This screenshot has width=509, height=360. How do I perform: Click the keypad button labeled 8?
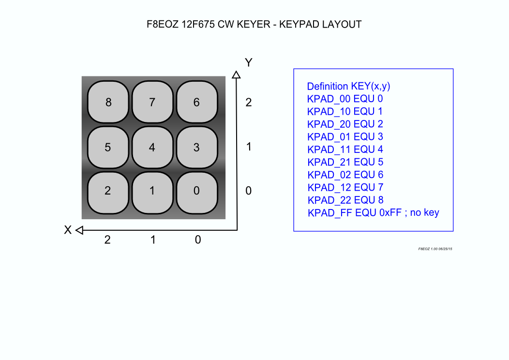pos(108,102)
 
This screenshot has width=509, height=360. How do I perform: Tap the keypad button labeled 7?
pos(152,102)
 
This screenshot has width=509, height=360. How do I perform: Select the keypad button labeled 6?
pos(197,102)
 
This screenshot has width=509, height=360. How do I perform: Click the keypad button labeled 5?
pos(108,148)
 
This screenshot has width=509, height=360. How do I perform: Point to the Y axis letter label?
pos(249,62)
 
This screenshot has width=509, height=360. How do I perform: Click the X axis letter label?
pos(68,230)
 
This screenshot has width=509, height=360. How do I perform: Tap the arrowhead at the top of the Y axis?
pos(236,75)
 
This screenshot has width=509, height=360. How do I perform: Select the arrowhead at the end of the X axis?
pos(79,230)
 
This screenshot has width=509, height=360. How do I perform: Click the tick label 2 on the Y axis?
pos(249,102)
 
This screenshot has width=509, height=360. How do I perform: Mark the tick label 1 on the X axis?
pos(153,240)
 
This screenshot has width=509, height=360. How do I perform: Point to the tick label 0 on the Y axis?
pos(249,191)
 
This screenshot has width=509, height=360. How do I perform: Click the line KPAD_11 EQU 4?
pos(345,150)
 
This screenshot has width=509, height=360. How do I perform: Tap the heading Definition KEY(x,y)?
pos(349,86)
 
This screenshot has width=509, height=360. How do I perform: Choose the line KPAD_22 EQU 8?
pos(345,200)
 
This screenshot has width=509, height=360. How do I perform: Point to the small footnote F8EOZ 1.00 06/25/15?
pos(435,249)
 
